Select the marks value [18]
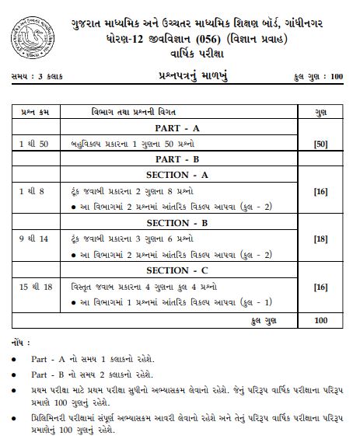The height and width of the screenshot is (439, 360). pyautogui.click(x=320, y=239)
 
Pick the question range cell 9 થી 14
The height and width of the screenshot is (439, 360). pyautogui.click(x=34, y=239)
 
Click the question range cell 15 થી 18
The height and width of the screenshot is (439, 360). pyautogui.click(x=36, y=287)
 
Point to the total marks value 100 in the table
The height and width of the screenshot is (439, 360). pyautogui.click(x=320, y=319)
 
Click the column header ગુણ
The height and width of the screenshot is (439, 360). pyautogui.click(x=320, y=111)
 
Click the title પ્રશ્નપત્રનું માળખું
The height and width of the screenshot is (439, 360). pyautogui.click(x=179, y=76)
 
